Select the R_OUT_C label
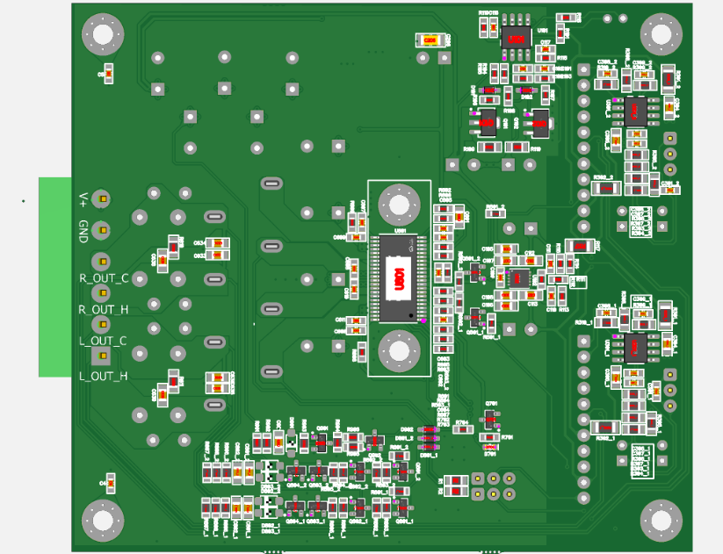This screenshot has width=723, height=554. tap(104, 278)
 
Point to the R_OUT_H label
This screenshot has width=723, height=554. tap(104, 309)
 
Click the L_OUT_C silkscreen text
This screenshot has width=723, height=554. tap(103, 341)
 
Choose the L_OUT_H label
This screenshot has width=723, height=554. tap(103, 376)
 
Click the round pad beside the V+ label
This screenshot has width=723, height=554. tap(102, 199)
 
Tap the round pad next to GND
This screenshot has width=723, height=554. tap(102, 231)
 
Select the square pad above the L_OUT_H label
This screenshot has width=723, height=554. tap(102, 356)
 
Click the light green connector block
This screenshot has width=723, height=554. tap(54, 277)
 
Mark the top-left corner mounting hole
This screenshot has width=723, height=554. tap(102, 34)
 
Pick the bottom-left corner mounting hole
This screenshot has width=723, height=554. tap(102, 521)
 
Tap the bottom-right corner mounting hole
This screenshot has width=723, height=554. tap(661, 520)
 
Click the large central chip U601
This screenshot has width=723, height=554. tap(398, 277)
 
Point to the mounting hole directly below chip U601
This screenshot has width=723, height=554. tap(398, 350)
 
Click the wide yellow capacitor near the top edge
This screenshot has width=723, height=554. tap(430, 40)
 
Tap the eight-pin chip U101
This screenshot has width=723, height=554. tap(516, 38)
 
